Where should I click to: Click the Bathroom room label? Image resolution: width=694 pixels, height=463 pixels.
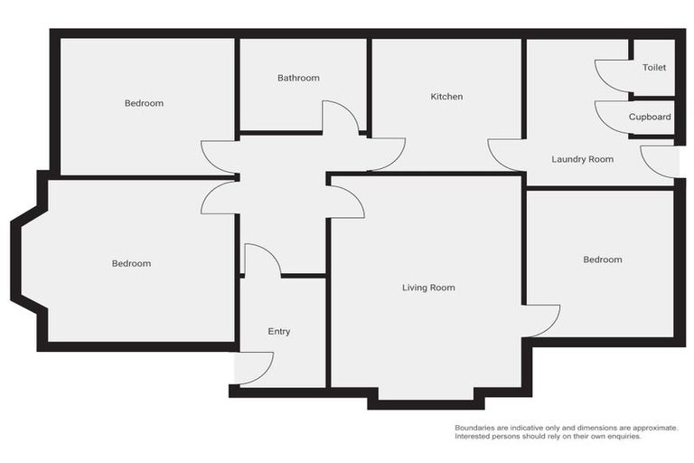[x=298, y=78]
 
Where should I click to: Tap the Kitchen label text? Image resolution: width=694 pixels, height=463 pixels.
[x=446, y=96]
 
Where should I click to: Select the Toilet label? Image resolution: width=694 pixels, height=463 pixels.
[x=653, y=68]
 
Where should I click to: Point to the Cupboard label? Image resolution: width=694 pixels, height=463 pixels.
[x=650, y=117]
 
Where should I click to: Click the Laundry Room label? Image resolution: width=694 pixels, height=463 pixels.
[x=582, y=159]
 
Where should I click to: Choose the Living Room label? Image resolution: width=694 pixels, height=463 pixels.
[x=428, y=288]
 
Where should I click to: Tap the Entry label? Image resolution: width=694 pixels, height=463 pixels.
[x=279, y=332]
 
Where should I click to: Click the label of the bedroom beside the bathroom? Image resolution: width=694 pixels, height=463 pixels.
[x=144, y=103]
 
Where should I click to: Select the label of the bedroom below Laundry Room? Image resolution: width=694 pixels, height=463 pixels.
[x=602, y=260]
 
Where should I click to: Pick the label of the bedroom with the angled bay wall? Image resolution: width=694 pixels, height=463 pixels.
[x=131, y=263]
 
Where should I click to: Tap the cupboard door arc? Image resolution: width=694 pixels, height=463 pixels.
[x=613, y=117]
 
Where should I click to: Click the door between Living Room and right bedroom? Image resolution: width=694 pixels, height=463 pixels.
[x=542, y=320]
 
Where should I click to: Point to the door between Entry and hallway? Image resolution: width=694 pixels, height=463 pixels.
[x=262, y=260]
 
